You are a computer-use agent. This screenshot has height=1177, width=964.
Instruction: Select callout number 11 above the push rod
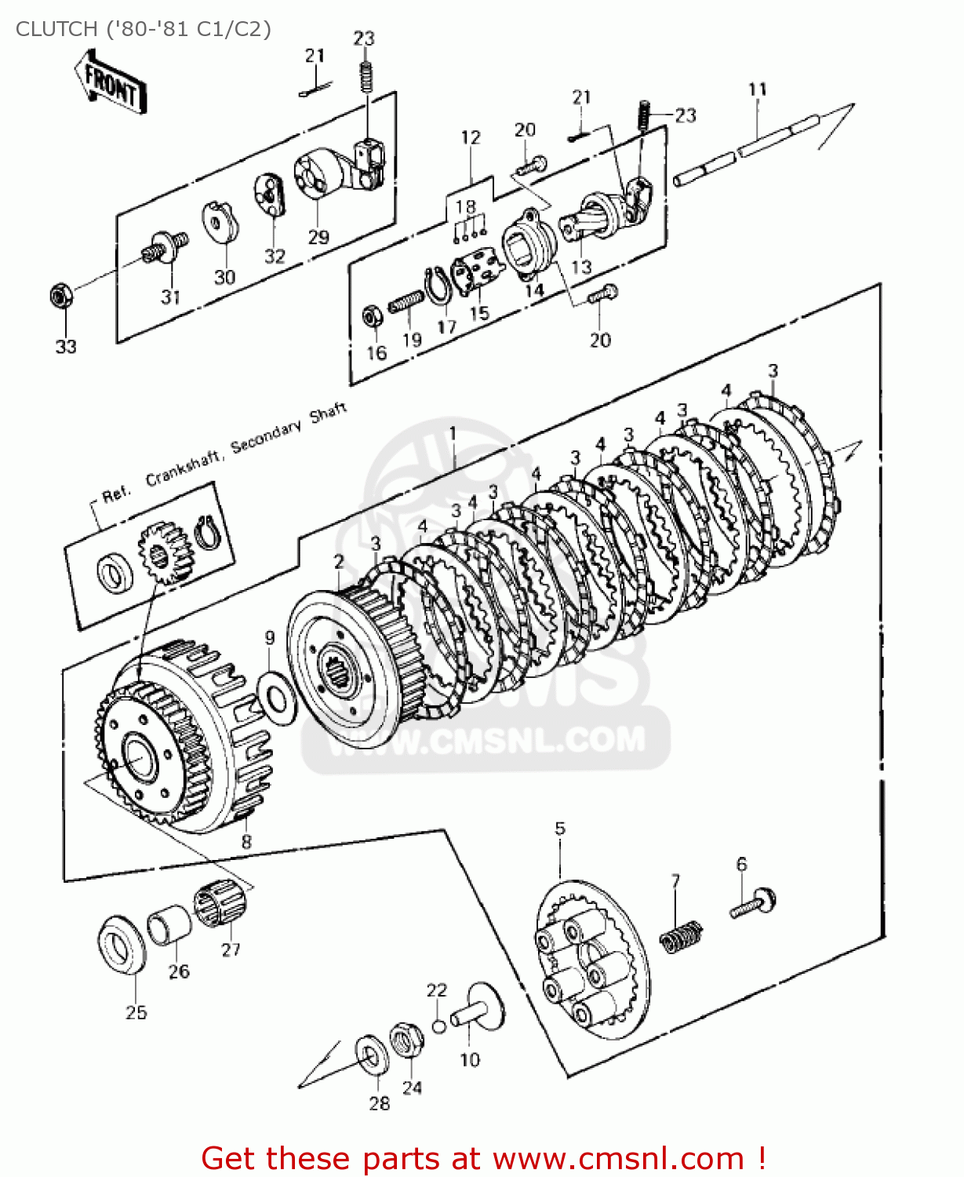coord(757,89)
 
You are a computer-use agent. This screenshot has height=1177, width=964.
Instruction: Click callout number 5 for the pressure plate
coord(559,829)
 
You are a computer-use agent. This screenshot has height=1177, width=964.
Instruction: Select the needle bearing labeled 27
coord(221,904)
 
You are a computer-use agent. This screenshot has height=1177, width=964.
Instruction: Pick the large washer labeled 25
coord(122,945)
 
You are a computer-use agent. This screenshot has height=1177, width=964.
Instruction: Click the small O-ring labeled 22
coord(439,1026)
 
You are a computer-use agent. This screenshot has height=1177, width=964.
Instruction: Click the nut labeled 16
coord(373,316)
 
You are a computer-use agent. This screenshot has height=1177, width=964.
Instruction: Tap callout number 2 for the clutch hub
coord(339,562)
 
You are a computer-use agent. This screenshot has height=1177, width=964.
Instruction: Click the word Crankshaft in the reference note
coord(182,467)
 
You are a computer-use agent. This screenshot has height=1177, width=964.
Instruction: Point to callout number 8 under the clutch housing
coord(246,842)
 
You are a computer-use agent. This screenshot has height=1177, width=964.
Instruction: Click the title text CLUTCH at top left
coord(55,29)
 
